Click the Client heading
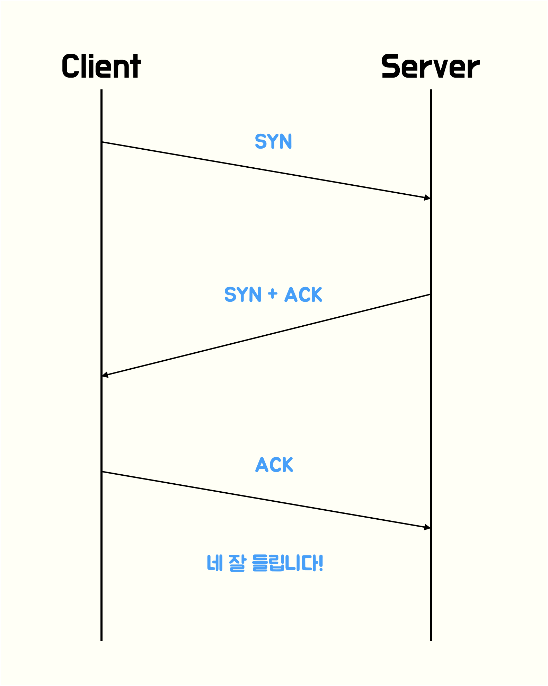pos(101,66)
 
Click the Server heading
pos(430,66)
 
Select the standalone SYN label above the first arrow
pos(273,141)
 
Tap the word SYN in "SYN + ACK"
pos(242,294)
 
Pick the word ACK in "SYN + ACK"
pos(303,294)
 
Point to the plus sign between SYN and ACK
pos(273,294)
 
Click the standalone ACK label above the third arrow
pos(274,465)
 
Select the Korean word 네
pos(214,563)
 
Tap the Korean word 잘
pos(237,563)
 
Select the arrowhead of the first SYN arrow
pos(427,197)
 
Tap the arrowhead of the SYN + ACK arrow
pos(105,375)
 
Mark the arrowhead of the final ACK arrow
pos(427,527)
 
